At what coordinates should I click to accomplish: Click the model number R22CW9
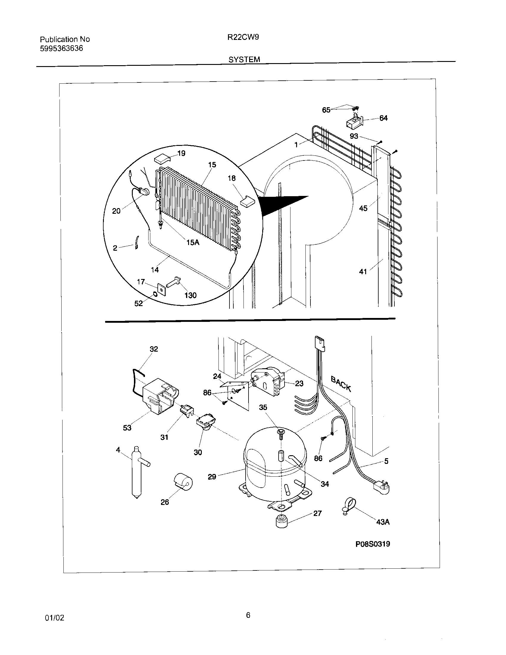click(x=243, y=37)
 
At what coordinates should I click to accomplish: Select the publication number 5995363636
click(x=61, y=49)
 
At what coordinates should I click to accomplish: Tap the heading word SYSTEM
click(x=244, y=60)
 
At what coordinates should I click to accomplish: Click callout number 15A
click(x=193, y=242)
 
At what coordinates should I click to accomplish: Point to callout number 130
click(x=190, y=295)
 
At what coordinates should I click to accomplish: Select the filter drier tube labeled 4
click(x=136, y=474)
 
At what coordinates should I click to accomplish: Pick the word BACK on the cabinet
click(x=341, y=383)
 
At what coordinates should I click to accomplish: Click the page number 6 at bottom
click(x=248, y=615)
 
